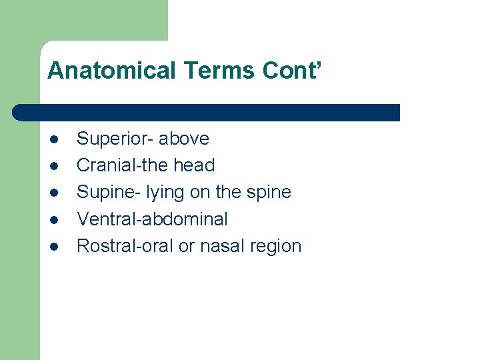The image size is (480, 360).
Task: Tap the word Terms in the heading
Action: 202,71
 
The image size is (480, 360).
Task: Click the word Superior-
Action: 115,139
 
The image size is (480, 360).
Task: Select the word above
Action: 184,139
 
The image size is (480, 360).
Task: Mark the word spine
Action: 269,193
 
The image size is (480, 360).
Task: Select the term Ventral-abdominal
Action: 152,219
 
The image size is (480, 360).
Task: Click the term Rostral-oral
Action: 125,245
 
